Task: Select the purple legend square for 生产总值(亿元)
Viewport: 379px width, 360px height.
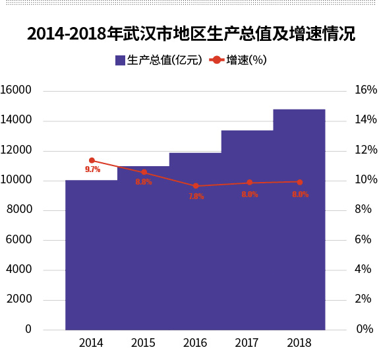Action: pyautogui.click(x=120, y=61)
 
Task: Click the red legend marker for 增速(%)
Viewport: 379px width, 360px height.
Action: pyautogui.click(x=217, y=60)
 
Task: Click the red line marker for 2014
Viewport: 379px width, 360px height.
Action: pyautogui.click(x=92, y=160)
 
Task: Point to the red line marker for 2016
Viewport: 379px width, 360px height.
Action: pyautogui.click(x=196, y=186)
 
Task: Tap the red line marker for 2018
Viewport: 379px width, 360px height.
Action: pyautogui.click(x=300, y=182)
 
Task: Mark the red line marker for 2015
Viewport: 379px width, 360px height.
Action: pyautogui.click(x=144, y=172)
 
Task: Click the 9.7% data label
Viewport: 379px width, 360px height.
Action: pyautogui.click(x=92, y=170)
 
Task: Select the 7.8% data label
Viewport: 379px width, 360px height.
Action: pyautogui.click(x=196, y=196)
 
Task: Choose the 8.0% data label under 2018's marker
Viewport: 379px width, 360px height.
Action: pyautogui.click(x=300, y=195)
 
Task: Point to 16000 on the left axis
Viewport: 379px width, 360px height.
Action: pyautogui.click(x=16, y=90)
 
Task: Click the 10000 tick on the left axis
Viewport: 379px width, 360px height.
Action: pyautogui.click(x=16, y=180)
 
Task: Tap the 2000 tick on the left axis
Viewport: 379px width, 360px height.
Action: pyautogui.click(x=20, y=299)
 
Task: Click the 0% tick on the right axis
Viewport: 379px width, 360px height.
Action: pyautogui.click(x=364, y=329)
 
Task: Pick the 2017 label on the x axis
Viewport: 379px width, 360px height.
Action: pyautogui.click(x=247, y=344)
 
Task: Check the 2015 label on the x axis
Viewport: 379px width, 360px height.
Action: pyautogui.click(x=143, y=344)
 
